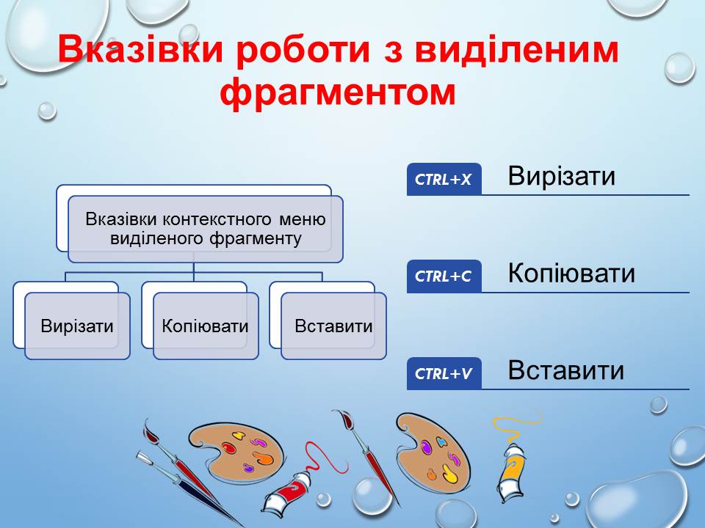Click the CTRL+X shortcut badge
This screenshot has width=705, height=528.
point(444,179)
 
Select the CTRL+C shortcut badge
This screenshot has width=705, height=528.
point(444,276)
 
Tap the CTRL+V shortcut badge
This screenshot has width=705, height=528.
point(444,373)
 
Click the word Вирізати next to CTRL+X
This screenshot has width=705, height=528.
point(561,176)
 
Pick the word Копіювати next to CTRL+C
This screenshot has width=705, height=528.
point(571,273)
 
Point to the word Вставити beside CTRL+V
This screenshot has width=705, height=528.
point(565,370)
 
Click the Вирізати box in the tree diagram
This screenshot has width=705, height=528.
point(77,326)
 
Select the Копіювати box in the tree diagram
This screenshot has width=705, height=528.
point(206,326)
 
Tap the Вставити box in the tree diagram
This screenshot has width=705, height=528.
point(333,326)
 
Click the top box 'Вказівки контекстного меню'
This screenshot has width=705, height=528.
point(206,229)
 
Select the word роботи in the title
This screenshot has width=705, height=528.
point(303,49)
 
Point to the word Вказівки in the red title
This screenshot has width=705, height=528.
point(140,48)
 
